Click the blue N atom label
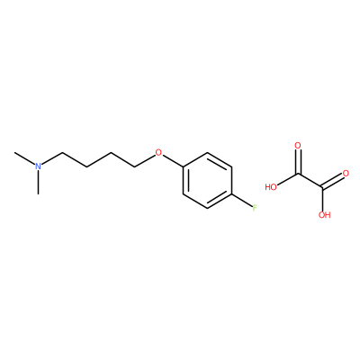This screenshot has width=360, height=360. pyautogui.click(x=38, y=166)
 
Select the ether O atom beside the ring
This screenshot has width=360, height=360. pyautogui.click(x=158, y=153)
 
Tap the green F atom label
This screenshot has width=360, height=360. pyautogui.click(x=255, y=207)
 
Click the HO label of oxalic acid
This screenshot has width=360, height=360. pyautogui.click(x=271, y=187)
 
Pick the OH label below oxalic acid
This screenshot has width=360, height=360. pyautogui.click(x=325, y=215)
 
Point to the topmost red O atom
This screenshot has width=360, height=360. pyautogui.click(x=298, y=146)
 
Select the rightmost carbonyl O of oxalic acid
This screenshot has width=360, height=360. pyautogui.click(x=346, y=174)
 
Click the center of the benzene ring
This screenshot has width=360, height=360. pyautogui.click(x=207, y=180)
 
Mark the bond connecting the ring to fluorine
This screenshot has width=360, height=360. pyautogui.click(x=242, y=201)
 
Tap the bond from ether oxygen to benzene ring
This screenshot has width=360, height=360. pyautogui.click(x=173, y=161)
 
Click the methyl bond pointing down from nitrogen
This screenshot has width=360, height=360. pyautogui.click(x=38, y=183)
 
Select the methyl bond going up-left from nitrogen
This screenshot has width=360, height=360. pyautogui.click(x=24, y=158)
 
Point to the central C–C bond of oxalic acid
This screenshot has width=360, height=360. pyautogui.click(x=310, y=181)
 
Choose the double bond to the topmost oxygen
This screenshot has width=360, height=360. pyautogui.click(x=298, y=162)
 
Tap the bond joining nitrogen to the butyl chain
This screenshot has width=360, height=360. pyautogui.click(x=51, y=159)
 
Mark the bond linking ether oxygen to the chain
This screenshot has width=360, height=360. pyautogui.click(x=145, y=160)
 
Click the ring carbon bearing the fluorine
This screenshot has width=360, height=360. pyautogui.click(x=231, y=194)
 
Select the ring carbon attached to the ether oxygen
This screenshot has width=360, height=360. pyautogui.click(x=184, y=166)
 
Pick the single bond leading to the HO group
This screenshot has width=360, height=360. pyautogui.click(x=287, y=180)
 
